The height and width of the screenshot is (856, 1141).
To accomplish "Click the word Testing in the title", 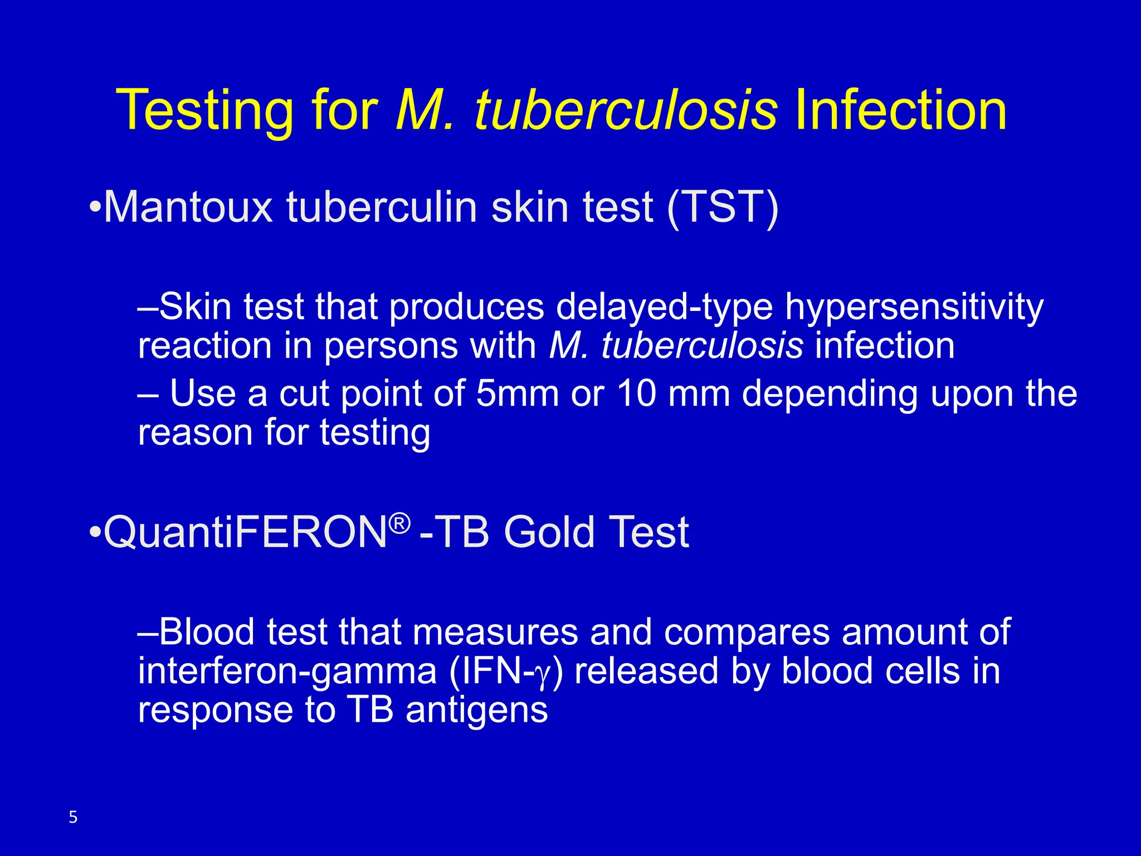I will [204, 111].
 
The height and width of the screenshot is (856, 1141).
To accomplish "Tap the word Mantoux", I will [188, 207].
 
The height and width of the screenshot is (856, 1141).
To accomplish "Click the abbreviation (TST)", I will [722, 207].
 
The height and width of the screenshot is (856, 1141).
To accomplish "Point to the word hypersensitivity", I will [914, 308].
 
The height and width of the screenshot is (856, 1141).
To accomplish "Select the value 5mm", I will [517, 393].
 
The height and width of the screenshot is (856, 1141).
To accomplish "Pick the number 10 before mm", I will [636, 393].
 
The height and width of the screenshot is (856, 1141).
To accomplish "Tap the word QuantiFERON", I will [245, 532].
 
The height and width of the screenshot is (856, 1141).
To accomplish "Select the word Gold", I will [549, 532].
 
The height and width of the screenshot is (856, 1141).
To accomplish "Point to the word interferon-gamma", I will [287, 671].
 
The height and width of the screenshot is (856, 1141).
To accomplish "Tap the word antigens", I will [477, 710].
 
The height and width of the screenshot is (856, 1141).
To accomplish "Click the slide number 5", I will [73, 818].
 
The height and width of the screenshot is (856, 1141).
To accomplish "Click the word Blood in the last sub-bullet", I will [207, 632].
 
